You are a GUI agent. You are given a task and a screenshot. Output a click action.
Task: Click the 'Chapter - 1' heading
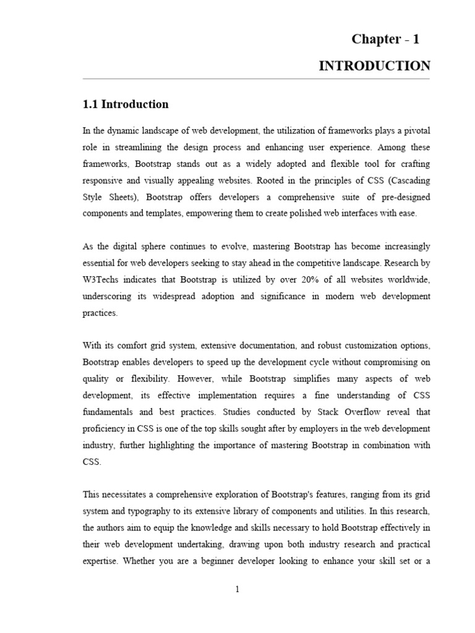[385, 39]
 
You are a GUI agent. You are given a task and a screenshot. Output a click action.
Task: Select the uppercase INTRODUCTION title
[374, 66]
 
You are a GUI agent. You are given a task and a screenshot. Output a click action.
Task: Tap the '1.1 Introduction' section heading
[126, 104]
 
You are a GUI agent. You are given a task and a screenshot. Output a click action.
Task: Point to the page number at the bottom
[237, 589]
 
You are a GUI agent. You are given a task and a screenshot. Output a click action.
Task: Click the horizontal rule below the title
[257, 79]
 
